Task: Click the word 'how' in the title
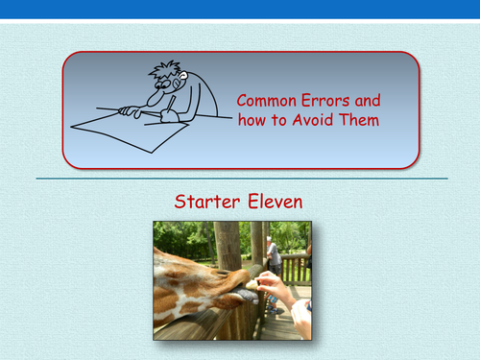point(252,120)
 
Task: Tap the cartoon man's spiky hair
point(166,70)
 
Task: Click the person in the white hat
point(275,254)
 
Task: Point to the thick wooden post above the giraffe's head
point(228,245)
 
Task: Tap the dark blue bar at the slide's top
point(240,10)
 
